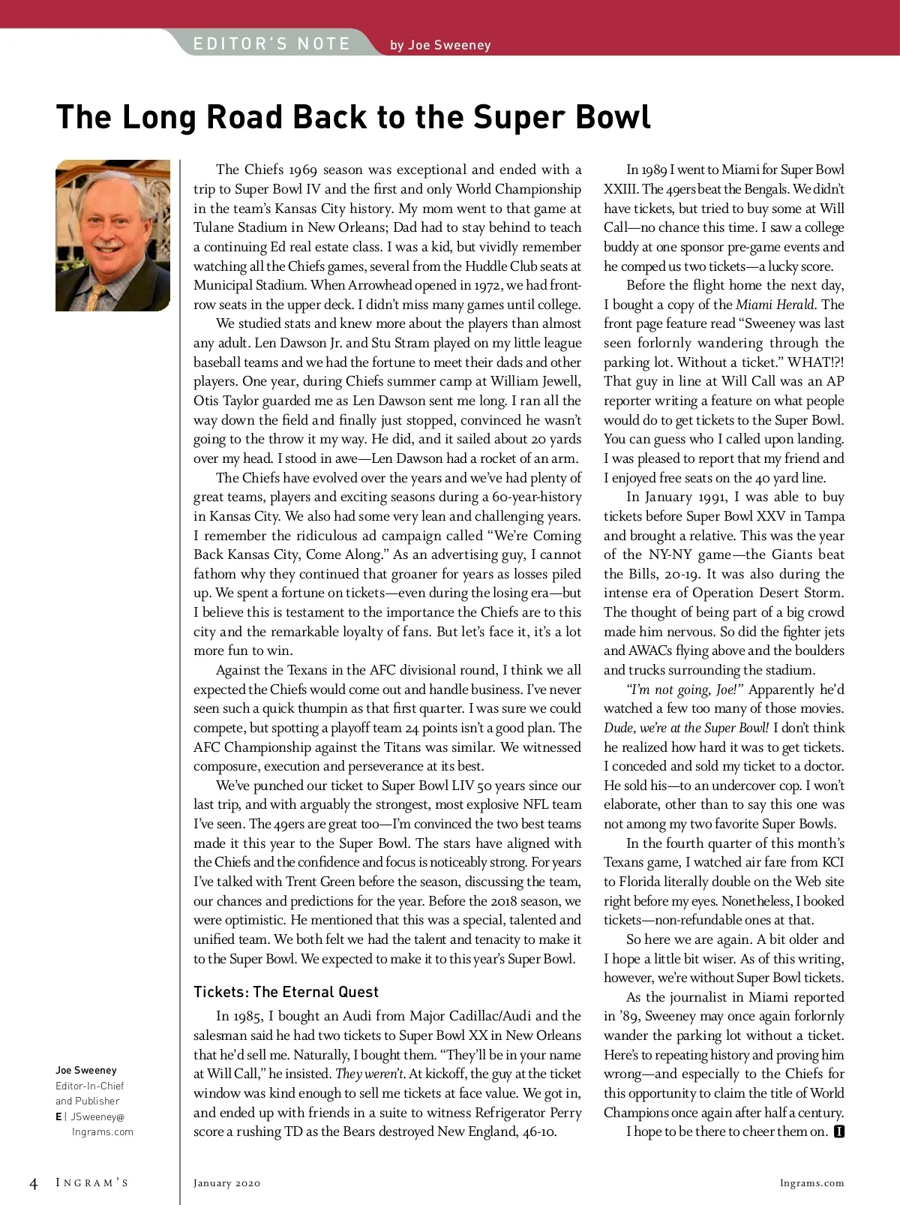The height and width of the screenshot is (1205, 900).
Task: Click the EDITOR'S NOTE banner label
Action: pyautogui.click(x=271, y=44)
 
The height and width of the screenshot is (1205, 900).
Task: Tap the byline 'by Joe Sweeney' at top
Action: pyautogui.click(x=440, y=45)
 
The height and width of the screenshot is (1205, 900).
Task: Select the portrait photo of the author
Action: pyautogui.click(x=112, y=236)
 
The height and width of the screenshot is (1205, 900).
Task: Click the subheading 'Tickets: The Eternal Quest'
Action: pyautogui.click(x=286, y=992)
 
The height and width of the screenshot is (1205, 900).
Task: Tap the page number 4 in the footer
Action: pyautogui.click(x=33, y=1184)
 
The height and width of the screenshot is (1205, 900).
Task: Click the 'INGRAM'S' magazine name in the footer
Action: pyautogui.click(x=92, y=1183)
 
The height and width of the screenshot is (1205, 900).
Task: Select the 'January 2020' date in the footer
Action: pyautogui.click(x=226, y=1183)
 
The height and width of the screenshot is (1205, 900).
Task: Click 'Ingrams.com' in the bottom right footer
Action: pyautogui.click(x=811, y=1183)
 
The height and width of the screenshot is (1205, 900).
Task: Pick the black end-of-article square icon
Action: pyautogui.click(x=839, y=1131)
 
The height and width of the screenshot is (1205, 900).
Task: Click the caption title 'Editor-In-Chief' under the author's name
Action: pyautogui.click(x=90, y=1086)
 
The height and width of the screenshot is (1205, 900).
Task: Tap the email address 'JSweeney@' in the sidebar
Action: pyautogui.click(x=97, y=1116)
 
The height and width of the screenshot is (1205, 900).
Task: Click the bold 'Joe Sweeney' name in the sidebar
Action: pyautogui.click(x=86, y=1070)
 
